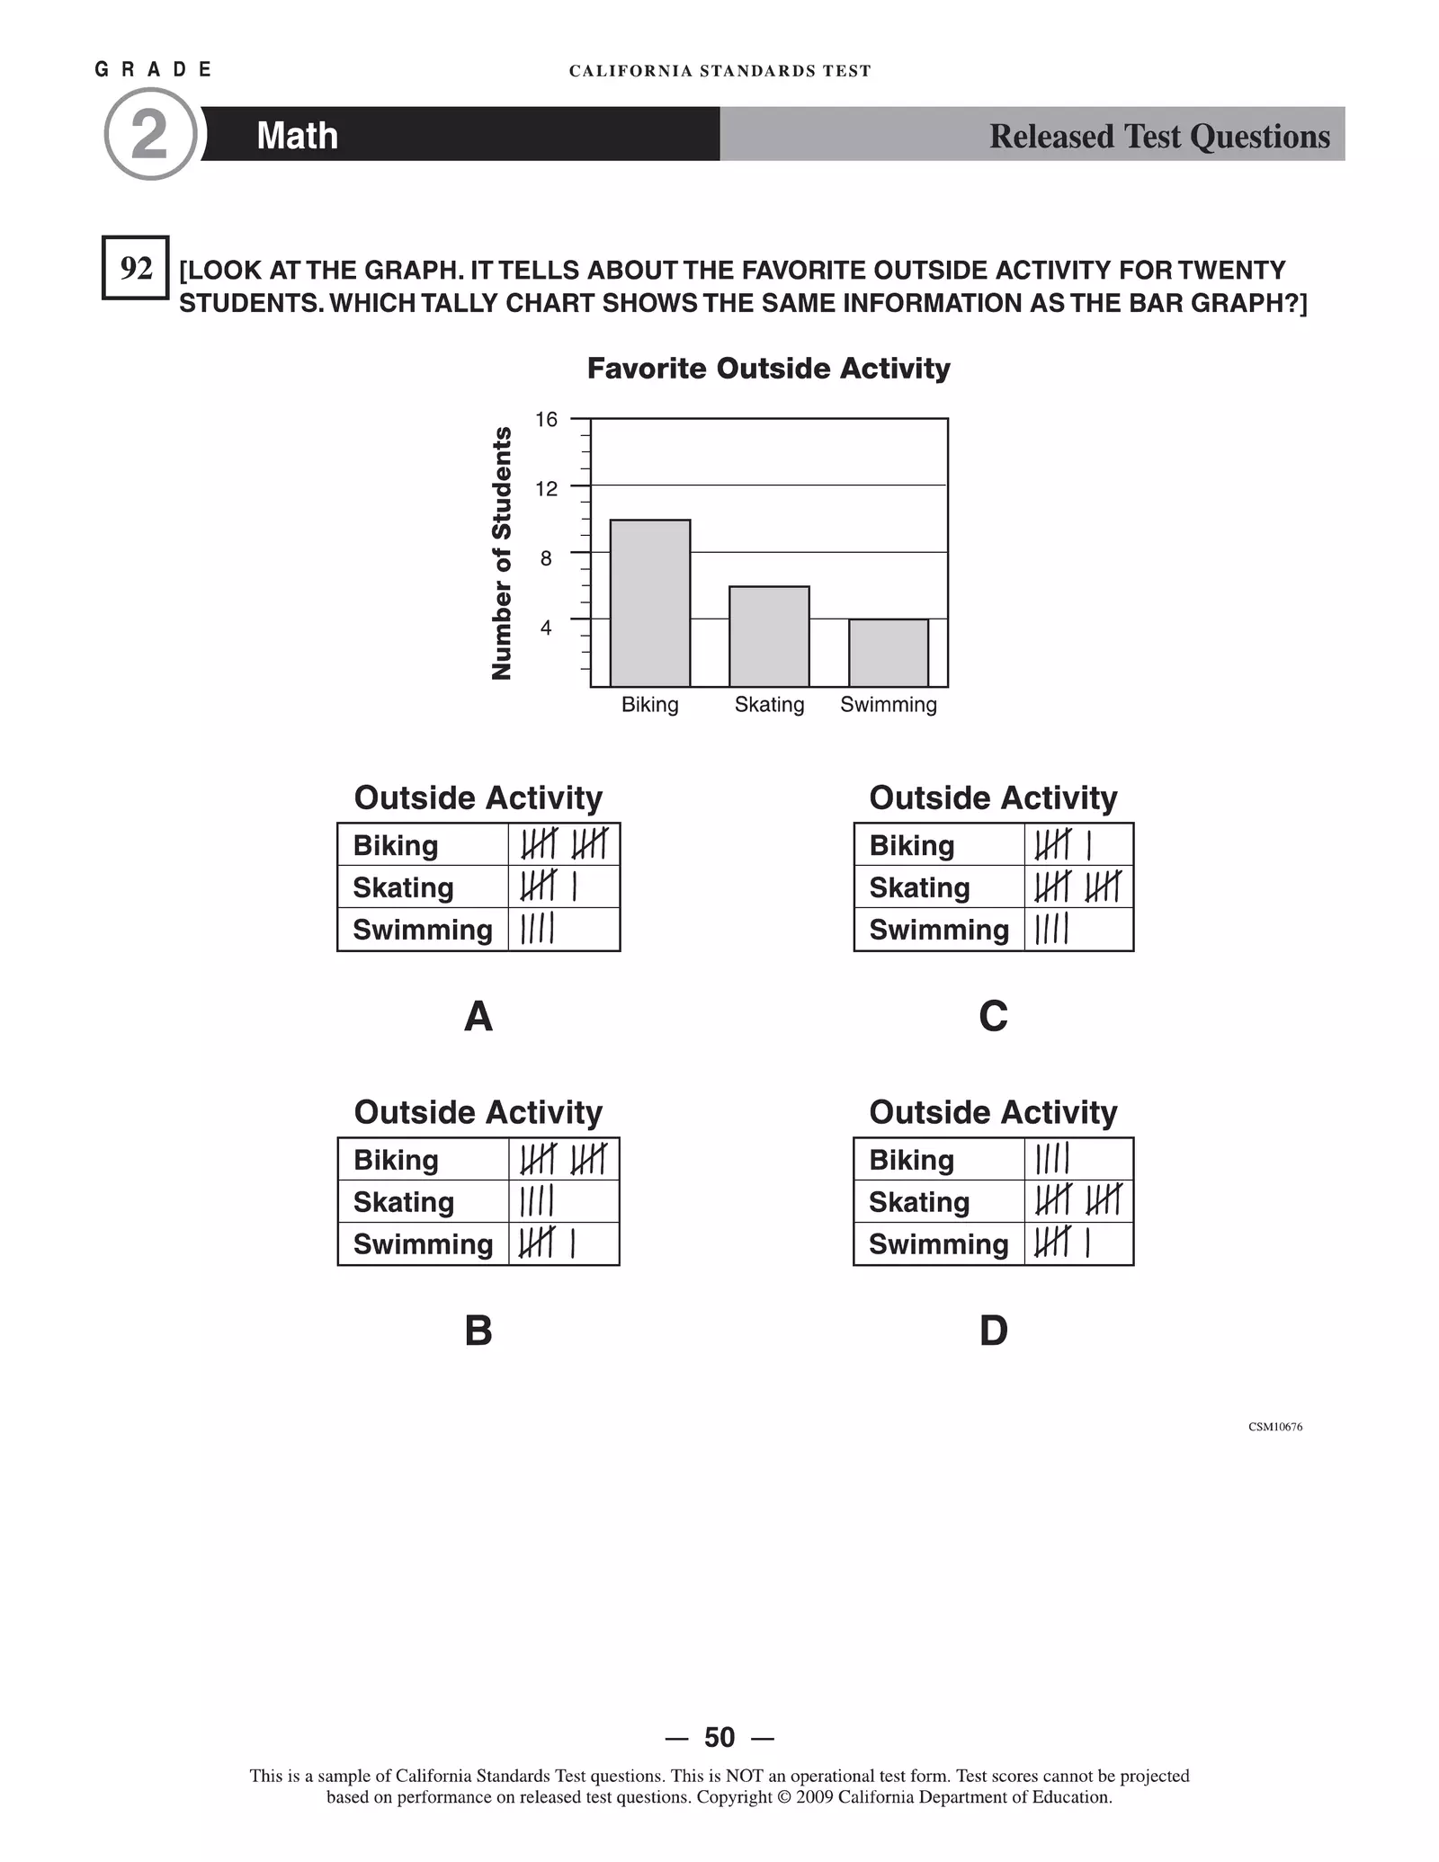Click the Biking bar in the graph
pos(649,603)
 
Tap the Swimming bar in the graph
pos(889,653)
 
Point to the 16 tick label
pos(546,420)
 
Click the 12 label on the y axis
pos(546,489)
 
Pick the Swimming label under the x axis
pos(889,705)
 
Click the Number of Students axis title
pos(502,553)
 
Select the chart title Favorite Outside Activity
pos(768,369)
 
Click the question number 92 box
pos(136,268)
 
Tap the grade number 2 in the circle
pos(150,135)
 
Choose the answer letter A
pos(478,1017)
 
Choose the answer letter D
pos(993,1331)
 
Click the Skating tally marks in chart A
pos(548,887)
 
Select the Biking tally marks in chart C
pos(1063,845)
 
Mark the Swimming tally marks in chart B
pos(547,1243)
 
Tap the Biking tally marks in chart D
pos(1051,1159)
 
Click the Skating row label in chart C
pos(919,888)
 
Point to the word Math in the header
pos(297,136)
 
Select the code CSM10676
pos(1274,1427)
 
